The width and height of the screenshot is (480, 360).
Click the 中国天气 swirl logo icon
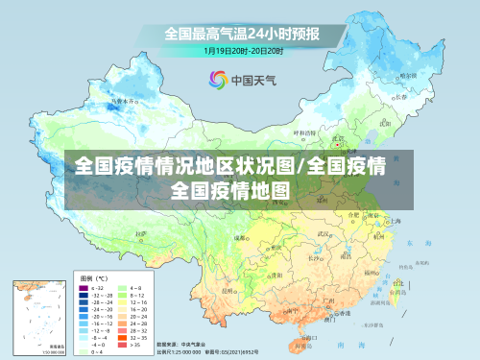217,81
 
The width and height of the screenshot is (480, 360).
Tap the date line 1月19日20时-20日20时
243,50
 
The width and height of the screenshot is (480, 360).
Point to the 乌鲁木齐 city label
121,100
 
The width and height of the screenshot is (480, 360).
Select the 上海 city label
392,220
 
